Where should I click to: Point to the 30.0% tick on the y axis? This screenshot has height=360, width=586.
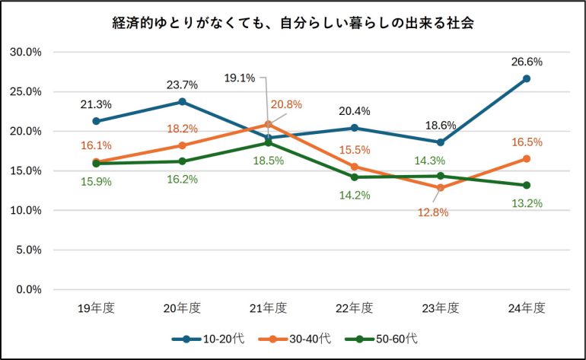[x=25, y=53]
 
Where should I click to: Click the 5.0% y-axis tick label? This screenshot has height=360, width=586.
[x=27, y=250]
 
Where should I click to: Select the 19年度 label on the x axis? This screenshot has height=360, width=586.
[x=96, y=308]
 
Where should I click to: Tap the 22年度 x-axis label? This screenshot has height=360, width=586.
[x=354, y=308]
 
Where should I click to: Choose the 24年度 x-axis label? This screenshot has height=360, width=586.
[x=526, y=308]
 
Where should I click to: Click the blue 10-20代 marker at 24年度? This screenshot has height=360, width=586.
[x=526, y=78]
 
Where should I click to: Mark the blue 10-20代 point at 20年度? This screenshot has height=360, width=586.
[x=182, y=101]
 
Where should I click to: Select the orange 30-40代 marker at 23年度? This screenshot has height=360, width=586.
[x=440, y=188]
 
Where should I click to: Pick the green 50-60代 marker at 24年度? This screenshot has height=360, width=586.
[x=526, y=185]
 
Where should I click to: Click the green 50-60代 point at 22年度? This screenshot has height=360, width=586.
[x=354, y=177]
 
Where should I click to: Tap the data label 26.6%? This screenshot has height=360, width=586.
[x=527, y=62]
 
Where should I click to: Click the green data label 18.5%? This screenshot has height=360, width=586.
[x=268, y=161]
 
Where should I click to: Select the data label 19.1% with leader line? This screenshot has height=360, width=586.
[x=239, y=77]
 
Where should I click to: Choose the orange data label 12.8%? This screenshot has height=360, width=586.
[x=433, y=212]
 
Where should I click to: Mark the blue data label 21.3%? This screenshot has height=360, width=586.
[x=96, y=104]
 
